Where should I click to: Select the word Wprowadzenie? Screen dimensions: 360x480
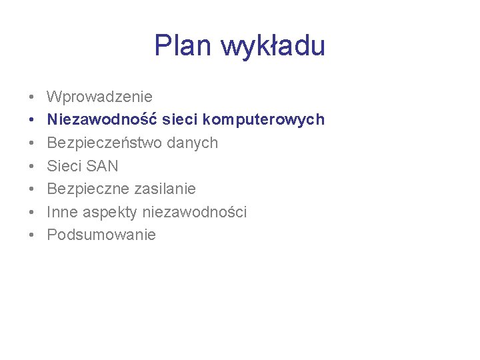click(99, 97)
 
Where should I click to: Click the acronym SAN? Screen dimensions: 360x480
click(102, 166)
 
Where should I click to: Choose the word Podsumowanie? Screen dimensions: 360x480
click(101, 235)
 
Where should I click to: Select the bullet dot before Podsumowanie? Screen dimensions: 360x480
click(31, 235)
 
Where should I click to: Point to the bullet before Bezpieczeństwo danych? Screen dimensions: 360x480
click(31, 143)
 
